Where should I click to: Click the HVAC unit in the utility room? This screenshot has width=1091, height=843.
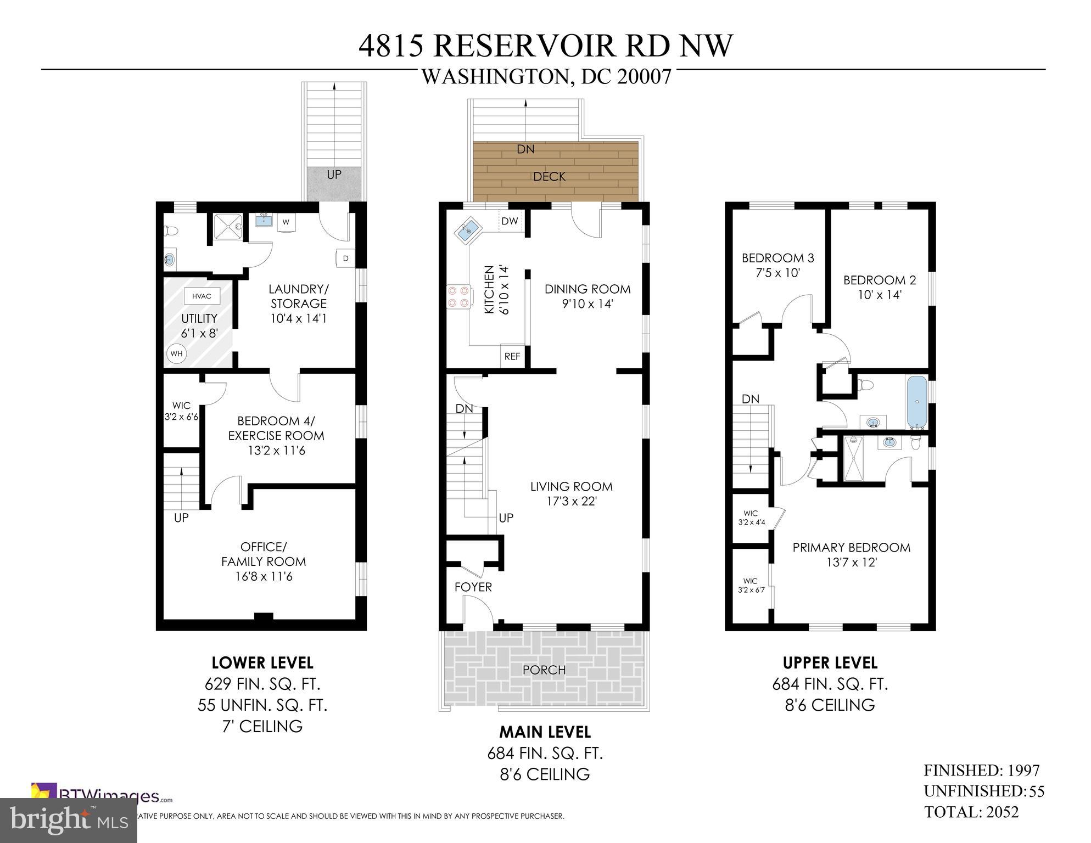202,296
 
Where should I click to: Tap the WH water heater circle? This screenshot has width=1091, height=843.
176,353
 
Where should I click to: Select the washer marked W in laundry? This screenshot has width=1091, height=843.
286,222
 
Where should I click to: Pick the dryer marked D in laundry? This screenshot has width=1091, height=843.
345,258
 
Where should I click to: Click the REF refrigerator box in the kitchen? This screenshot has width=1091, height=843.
512,356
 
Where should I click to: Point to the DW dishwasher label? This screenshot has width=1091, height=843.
510,221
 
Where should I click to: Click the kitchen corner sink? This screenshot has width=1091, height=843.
468,229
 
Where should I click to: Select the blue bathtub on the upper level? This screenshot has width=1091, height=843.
916,402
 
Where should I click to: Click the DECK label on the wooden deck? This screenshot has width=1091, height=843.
549,177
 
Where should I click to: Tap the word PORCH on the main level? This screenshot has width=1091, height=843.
544,670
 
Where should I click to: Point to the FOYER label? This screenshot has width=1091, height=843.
473,587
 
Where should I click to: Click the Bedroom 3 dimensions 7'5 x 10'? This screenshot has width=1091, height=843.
777,273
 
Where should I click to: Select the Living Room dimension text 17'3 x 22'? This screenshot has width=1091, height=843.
571,501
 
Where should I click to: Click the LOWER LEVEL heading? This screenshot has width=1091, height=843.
262,663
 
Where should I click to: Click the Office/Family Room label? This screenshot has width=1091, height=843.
263,554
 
